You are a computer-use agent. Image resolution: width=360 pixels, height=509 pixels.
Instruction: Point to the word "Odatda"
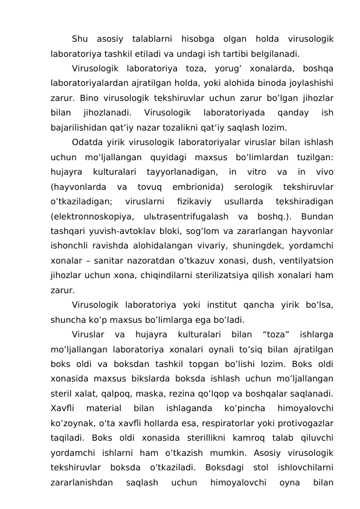pos(86,143)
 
